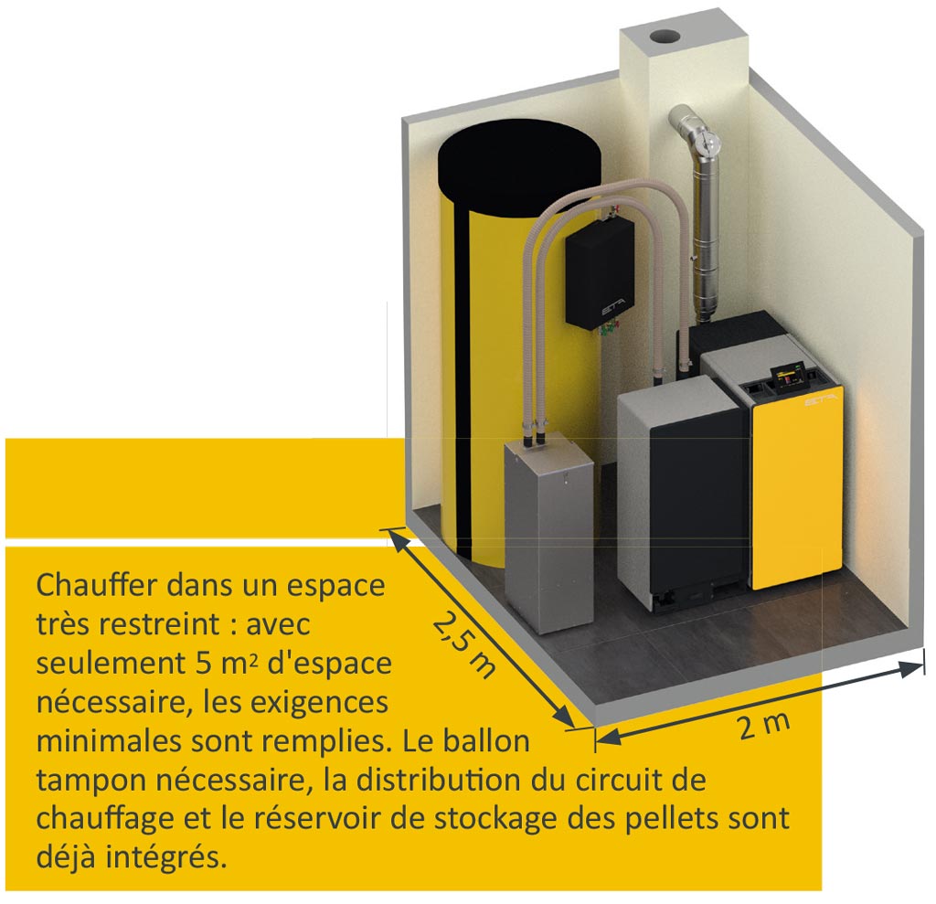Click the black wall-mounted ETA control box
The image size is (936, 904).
click(x=600, y=271)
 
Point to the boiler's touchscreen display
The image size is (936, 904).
click(x=789, y=377)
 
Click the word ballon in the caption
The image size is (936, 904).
click(x=486, y=741)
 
